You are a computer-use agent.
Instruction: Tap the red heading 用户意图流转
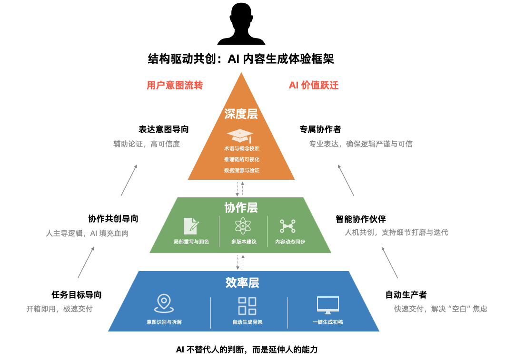point(175,86)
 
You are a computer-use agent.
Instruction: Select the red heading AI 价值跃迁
point(314,86)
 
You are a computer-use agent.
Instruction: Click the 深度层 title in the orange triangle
point(241,114)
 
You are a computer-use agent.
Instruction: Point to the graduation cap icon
point(239,136)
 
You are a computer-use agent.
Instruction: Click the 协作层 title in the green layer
point(241,207)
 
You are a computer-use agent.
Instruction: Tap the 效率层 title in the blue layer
point(242,282)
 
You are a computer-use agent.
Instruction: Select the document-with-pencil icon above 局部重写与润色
point(191,226)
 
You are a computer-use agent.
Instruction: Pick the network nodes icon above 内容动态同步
point(287,226)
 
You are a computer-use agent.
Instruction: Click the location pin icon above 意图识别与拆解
point(164,303)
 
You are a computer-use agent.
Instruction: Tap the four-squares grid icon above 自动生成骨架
point(247,306)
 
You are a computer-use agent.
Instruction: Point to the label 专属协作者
point(320,129)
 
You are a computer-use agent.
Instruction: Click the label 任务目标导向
point(77,295)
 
